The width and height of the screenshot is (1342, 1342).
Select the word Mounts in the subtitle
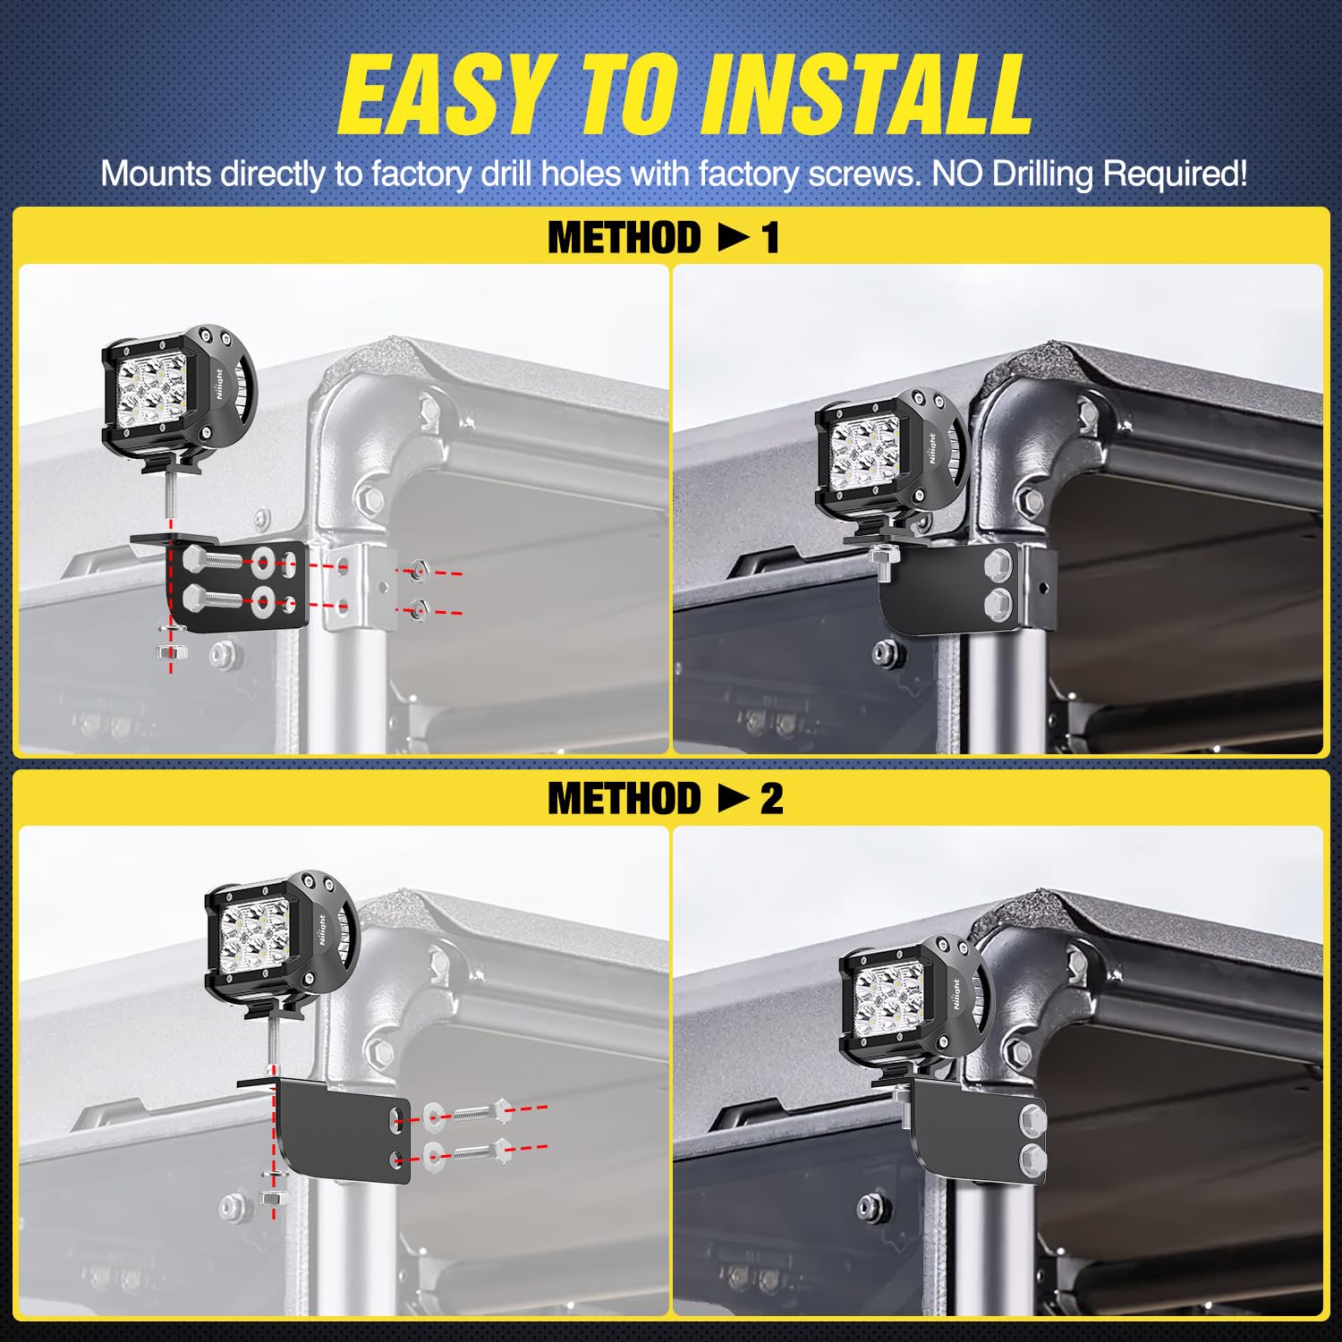pos(157,174)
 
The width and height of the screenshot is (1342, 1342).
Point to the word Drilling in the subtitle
pos(1042,174)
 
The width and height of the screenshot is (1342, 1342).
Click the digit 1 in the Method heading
pos(769,239)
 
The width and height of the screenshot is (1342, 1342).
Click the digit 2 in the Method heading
pos(771,799)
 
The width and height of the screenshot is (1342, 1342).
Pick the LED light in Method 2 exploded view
pos(277,944)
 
